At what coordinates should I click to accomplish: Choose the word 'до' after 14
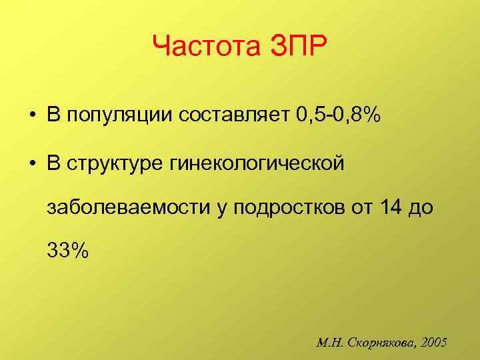421,208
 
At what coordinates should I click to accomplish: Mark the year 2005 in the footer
435,343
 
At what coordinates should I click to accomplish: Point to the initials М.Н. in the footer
331,343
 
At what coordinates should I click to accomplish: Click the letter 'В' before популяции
53,117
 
